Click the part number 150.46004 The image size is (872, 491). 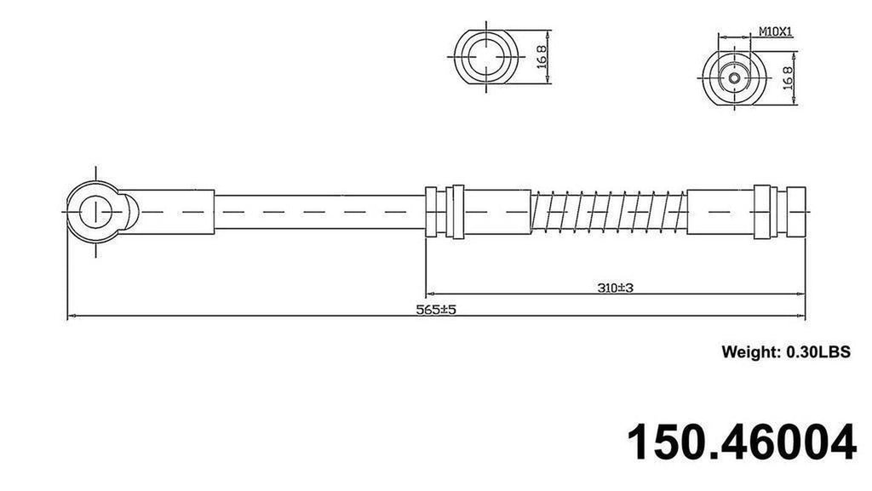(741, 442)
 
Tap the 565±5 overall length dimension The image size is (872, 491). (436, 311)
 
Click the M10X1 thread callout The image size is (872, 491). (776, 32)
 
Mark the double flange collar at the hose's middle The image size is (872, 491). (445, 210)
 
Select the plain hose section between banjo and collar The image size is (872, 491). (319, 210)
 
